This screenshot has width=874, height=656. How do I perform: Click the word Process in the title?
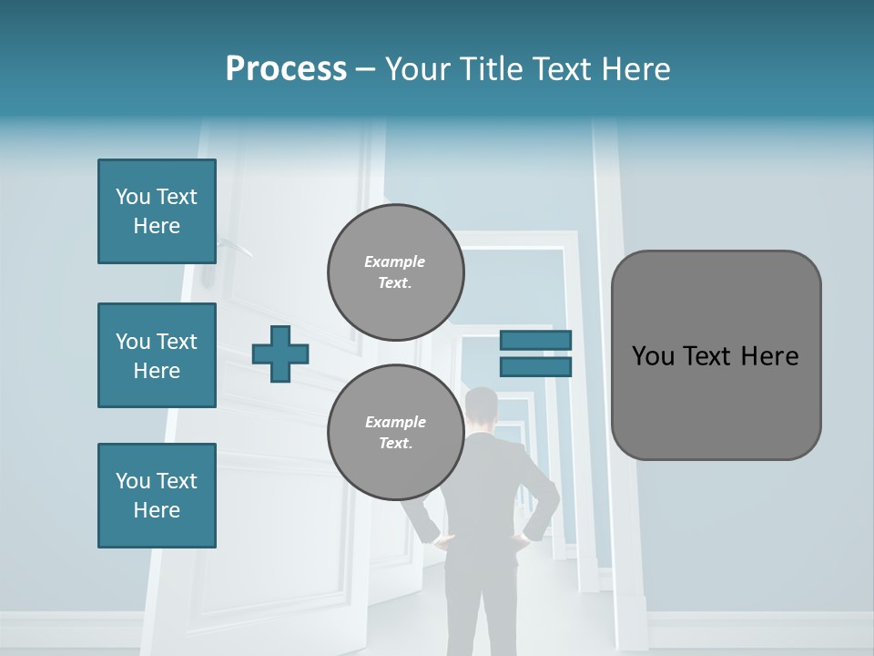point(286,69)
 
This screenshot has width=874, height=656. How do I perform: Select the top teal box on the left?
point(157,211)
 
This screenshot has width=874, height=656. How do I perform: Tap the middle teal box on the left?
point(157,355)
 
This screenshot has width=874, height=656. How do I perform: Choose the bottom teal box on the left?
point(157,496)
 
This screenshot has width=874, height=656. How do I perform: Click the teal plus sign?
point(280,354)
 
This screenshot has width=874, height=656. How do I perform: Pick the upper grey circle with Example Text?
point(395,272)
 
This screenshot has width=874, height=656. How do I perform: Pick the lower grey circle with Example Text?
point(395,432)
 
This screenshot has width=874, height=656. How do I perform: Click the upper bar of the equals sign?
point(535,340)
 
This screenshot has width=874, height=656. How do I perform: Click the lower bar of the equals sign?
point(535,366)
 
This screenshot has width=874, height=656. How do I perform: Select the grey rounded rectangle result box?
point(716,355)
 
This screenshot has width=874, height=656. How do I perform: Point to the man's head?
point(482,408)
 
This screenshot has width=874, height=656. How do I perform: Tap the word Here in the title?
point(636,69)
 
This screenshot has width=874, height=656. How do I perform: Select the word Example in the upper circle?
point(395,261)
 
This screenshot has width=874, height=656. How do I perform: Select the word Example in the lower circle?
point(395,422)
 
